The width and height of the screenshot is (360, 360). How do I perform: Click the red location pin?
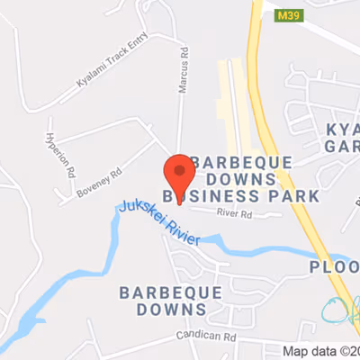click(x=178, y=171)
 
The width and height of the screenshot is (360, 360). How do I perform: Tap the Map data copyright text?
click(x=320, y=351)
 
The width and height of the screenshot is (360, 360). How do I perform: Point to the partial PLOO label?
click(x=334, y=267)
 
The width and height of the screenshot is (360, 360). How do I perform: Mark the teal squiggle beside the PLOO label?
click(x=340, y=309)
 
